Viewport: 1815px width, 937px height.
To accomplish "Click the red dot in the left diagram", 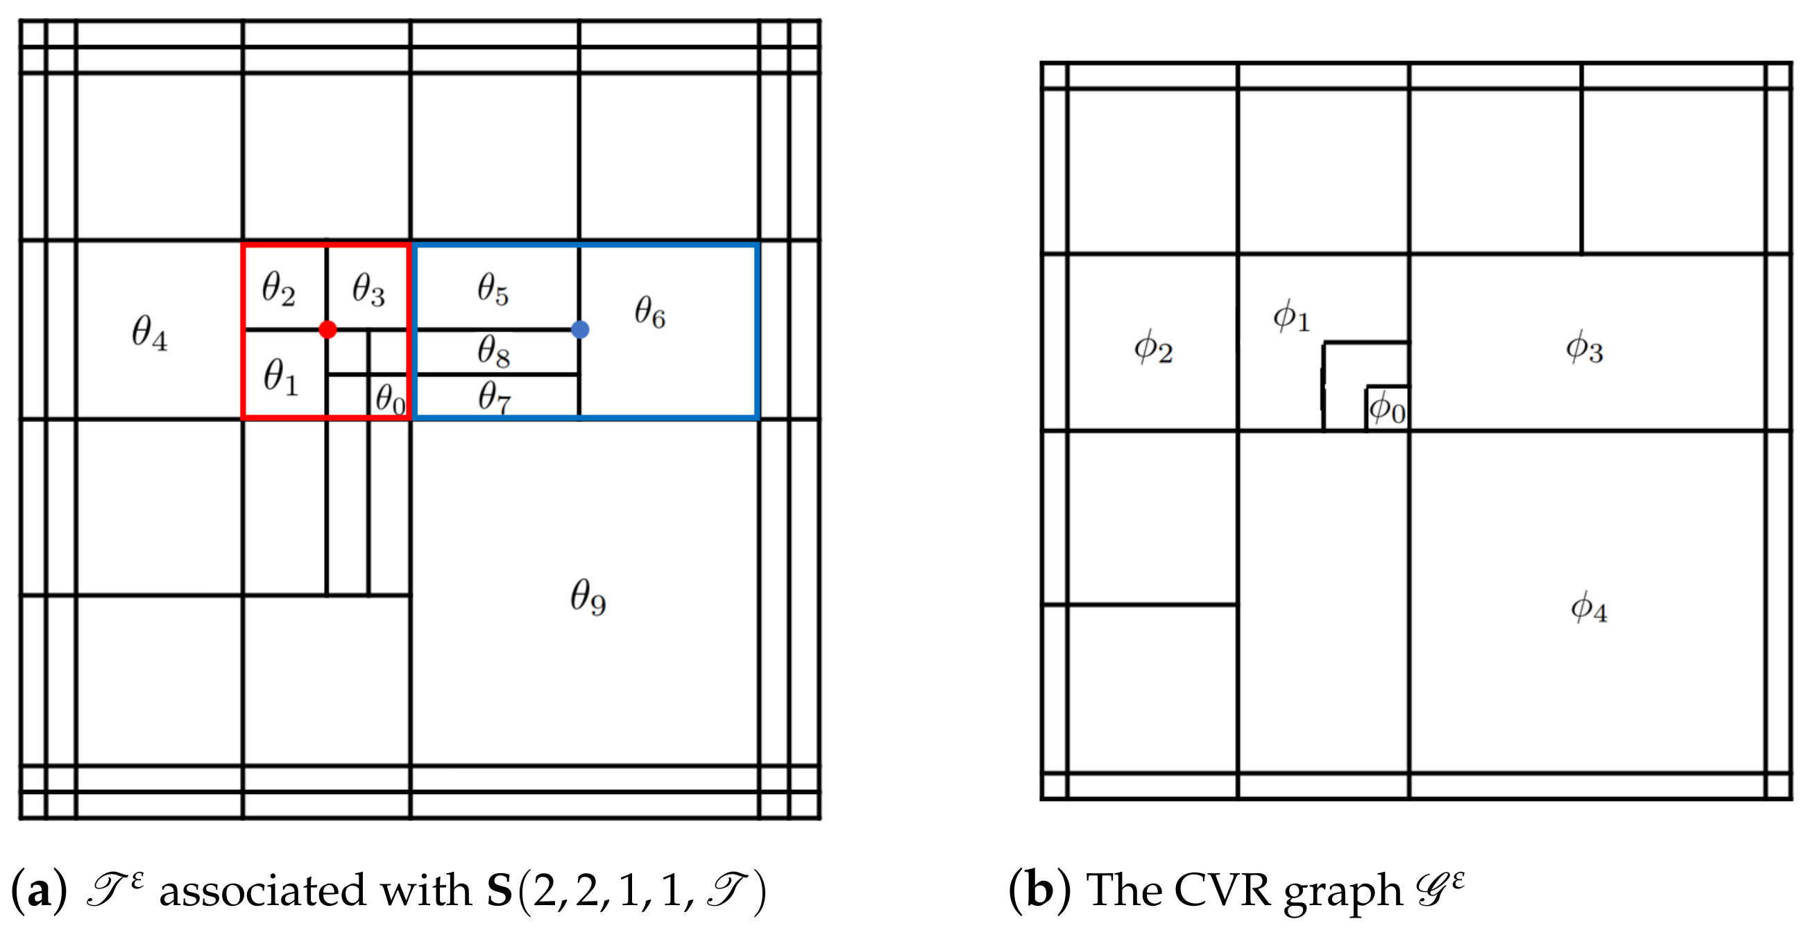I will (x=327, y=329).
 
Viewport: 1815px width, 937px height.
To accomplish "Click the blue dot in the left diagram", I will (x=580, y=329).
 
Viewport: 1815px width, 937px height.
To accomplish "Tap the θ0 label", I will (x=390, y=399).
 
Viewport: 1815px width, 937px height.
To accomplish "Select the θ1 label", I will (x=281, y=376).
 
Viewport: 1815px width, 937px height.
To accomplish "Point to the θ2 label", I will (x=278, y=288).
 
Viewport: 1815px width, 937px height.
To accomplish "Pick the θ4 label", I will (x=149, y=332).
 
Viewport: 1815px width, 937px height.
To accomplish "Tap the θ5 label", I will (x=493, y=289).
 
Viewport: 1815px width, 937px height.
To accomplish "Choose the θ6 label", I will (x=649, y=312).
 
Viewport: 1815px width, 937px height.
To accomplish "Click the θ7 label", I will (x=494, y=397).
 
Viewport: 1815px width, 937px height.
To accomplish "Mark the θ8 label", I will (x=494, y=351).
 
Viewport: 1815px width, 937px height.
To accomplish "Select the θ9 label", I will (x=588, y=597).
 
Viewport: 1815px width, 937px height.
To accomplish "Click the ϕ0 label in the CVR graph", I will (x=1388, y=408).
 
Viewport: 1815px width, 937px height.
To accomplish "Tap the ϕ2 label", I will (x=1153, y=348).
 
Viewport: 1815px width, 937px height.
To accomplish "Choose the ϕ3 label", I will (x=1585, y=348).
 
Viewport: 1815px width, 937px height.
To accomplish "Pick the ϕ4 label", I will (x=1589, y=607).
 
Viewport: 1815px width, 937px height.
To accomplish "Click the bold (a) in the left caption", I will (x=40, y=890).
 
